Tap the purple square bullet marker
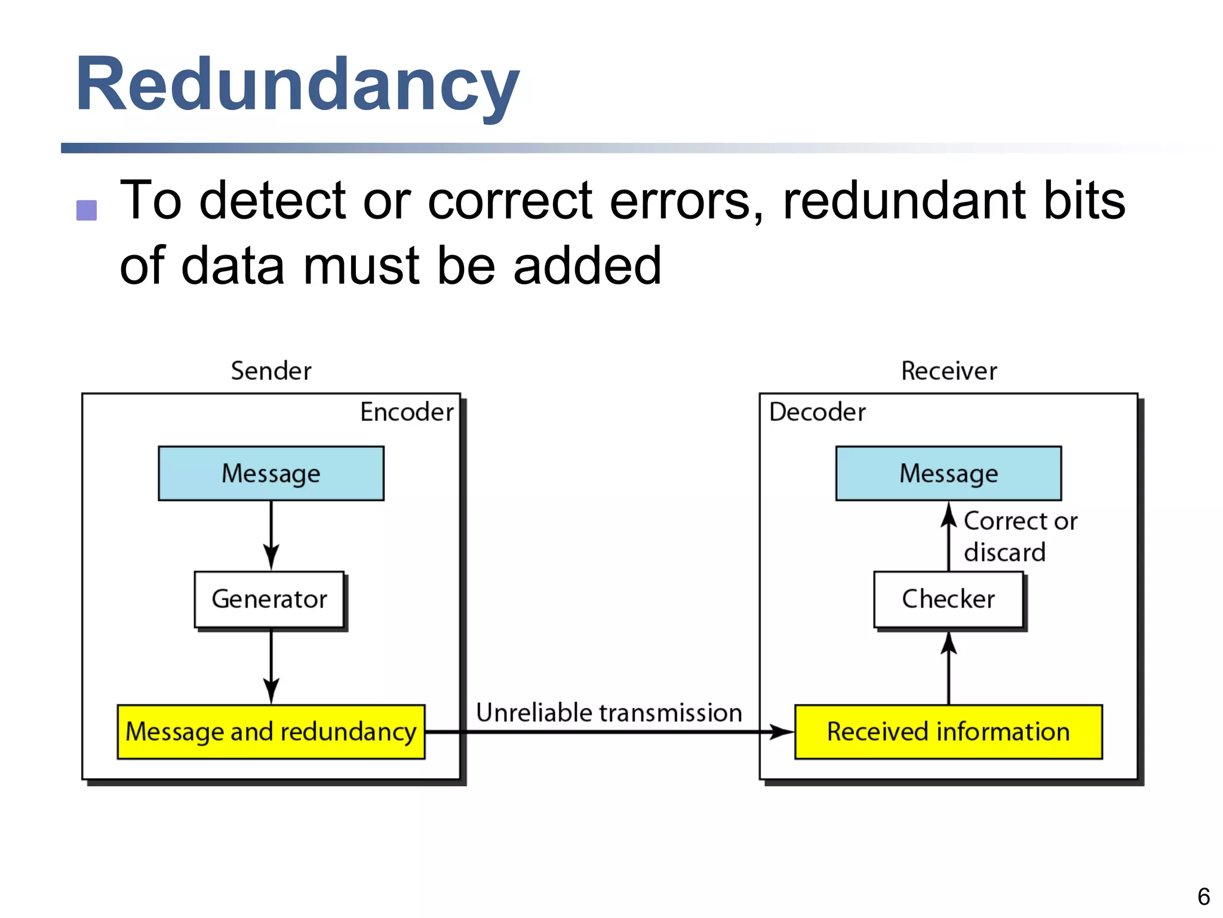tap(87, 210)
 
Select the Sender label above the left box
tap(271, 371)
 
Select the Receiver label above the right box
tap(949, 371)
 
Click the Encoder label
tap(407, 412)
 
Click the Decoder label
tap(817, 412)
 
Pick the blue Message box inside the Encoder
tap(271, 473)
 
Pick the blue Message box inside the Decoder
tap(948, 473)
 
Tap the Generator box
tap(269, 599)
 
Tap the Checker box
tap(948, 599)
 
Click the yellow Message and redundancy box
tap(271, 732)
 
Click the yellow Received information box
tap(948, 732)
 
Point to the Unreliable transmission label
tap(609, 712)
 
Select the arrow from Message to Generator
tap(271, 535)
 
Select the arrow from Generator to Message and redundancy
tap(271, 666)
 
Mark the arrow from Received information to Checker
tap(948, 668)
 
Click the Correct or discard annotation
tap(1019, 536)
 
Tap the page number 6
tap(1203, 896)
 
